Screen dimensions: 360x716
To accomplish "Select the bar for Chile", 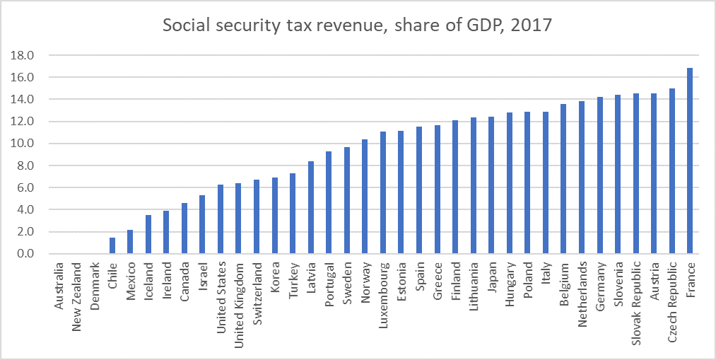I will [x=112, y=245].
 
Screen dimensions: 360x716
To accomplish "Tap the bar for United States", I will [x=221, y=219].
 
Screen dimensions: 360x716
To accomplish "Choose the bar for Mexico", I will [x=130, y=242].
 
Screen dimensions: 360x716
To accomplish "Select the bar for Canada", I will [x=184, y=228].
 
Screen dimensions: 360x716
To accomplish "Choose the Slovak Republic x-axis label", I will [x=635, y=300].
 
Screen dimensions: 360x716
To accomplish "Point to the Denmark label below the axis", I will [x=95, y=286].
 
